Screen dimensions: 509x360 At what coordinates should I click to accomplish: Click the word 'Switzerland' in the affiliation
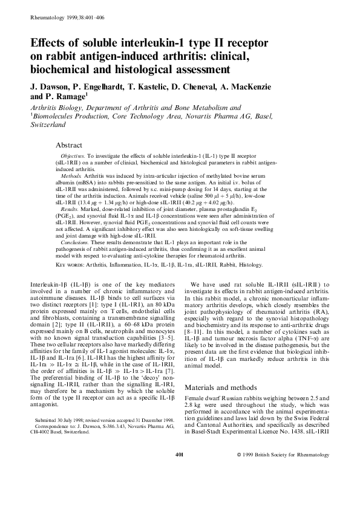tap(48, 128)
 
